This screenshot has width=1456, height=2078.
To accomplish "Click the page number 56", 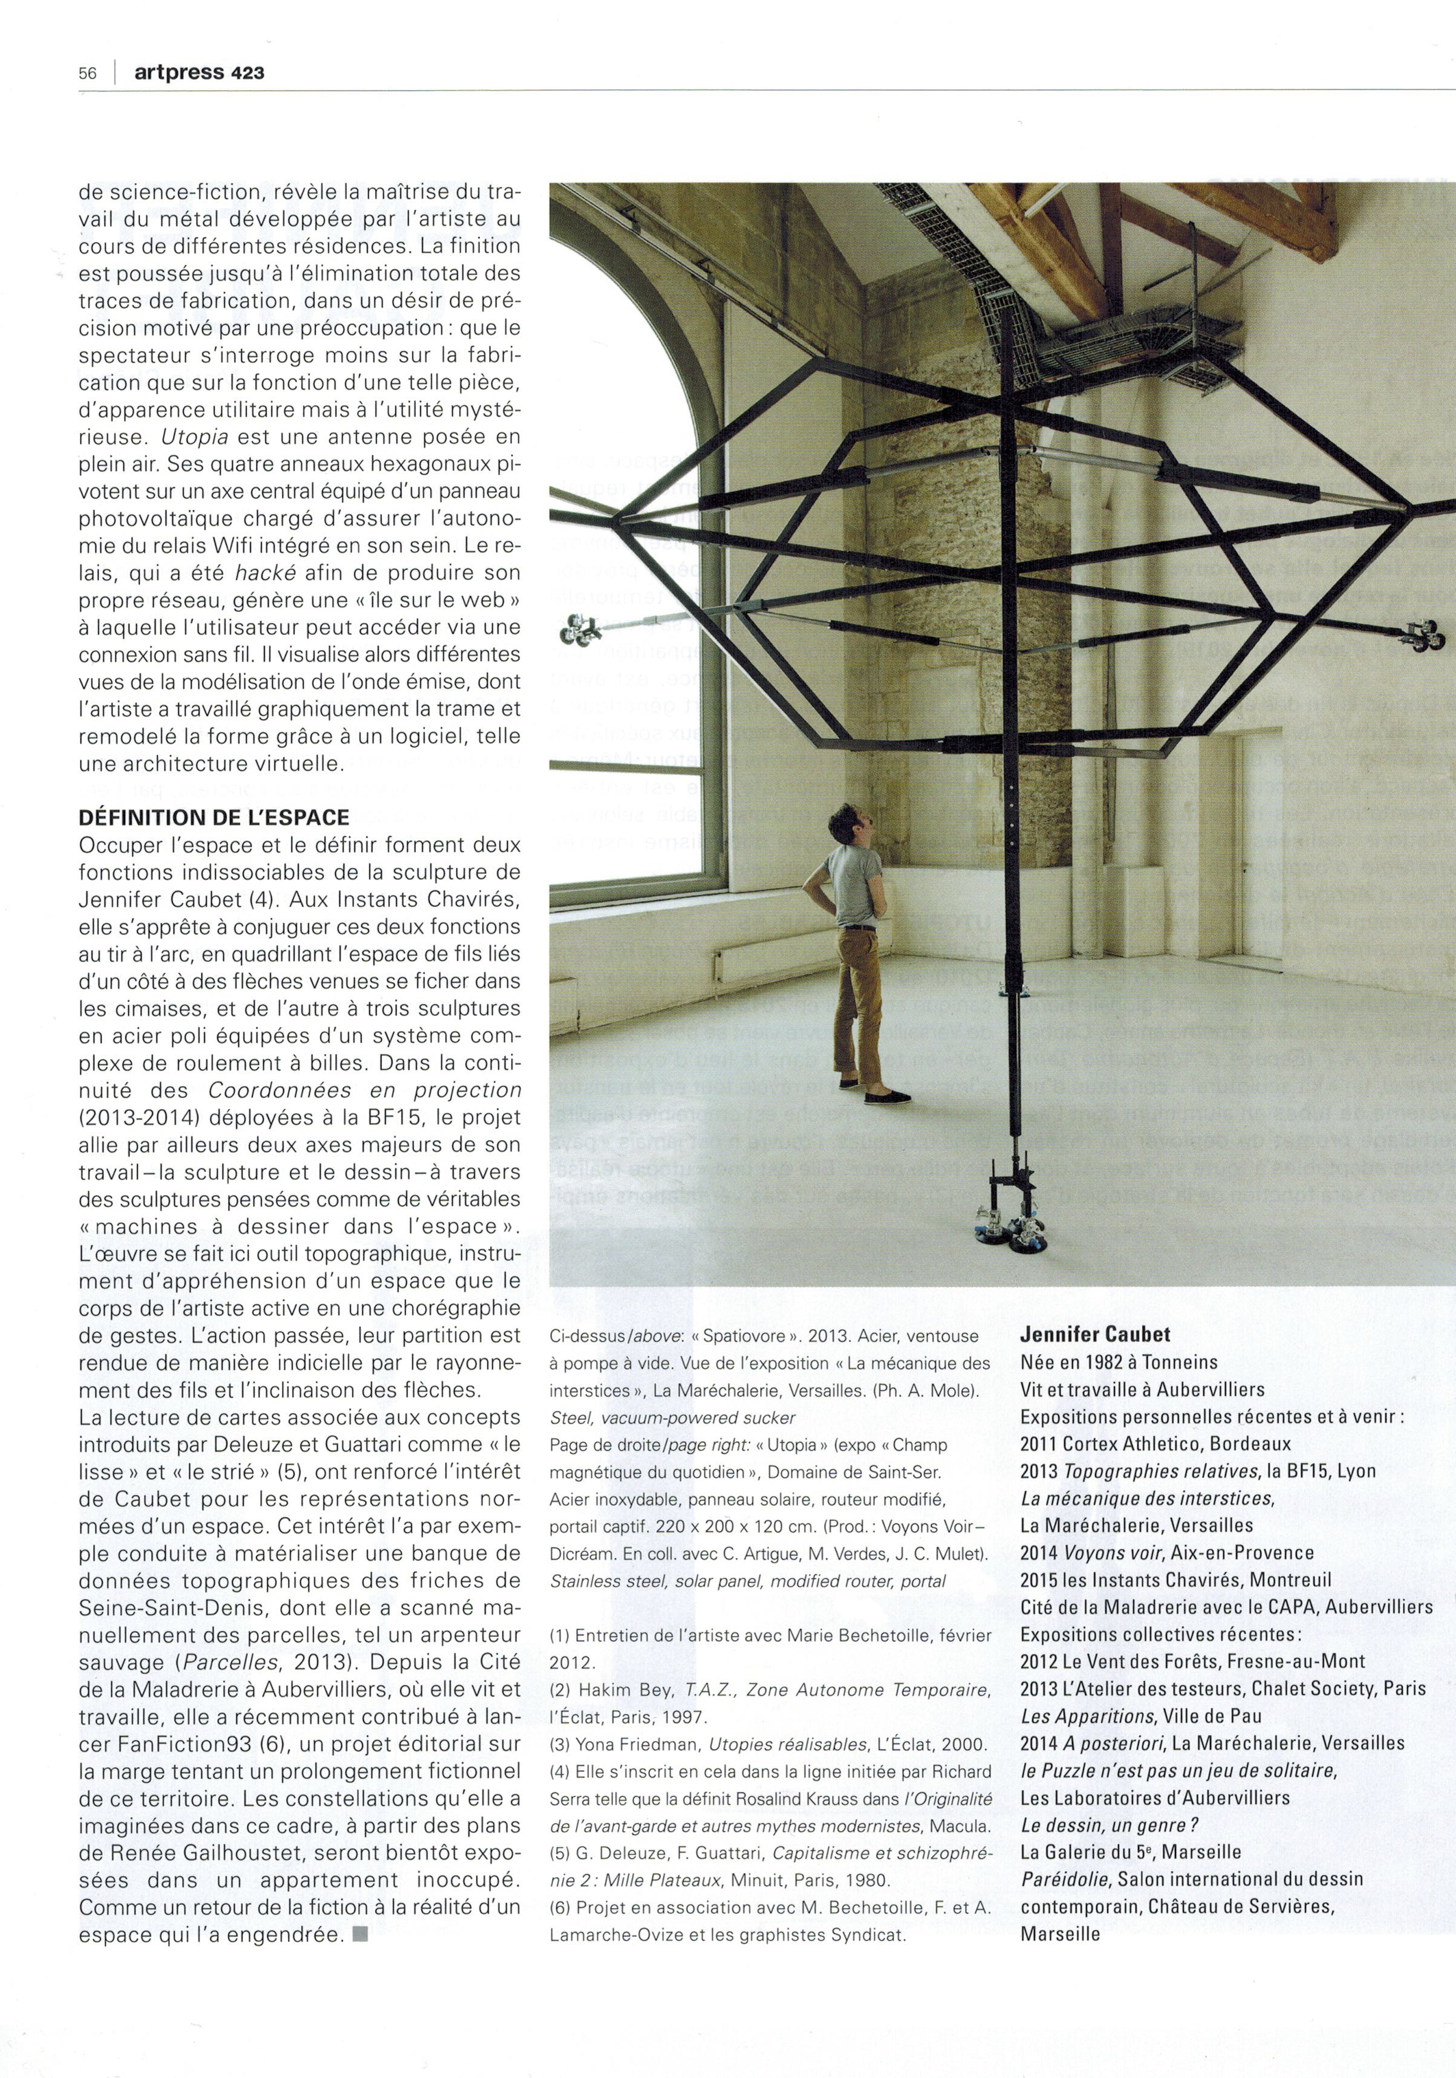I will tap(87, 73).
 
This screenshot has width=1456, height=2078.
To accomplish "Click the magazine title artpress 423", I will tap(199, 73).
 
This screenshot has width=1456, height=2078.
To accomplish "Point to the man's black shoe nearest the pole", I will tap(887, 1098).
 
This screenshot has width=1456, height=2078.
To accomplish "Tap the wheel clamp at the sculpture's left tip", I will tap(576, 627).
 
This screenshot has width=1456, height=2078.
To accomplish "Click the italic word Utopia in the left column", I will tap(193, 436).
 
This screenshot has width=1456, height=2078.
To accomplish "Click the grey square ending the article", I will tap(360, 1935).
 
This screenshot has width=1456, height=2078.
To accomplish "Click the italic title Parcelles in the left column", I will tap(226, 1662).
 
